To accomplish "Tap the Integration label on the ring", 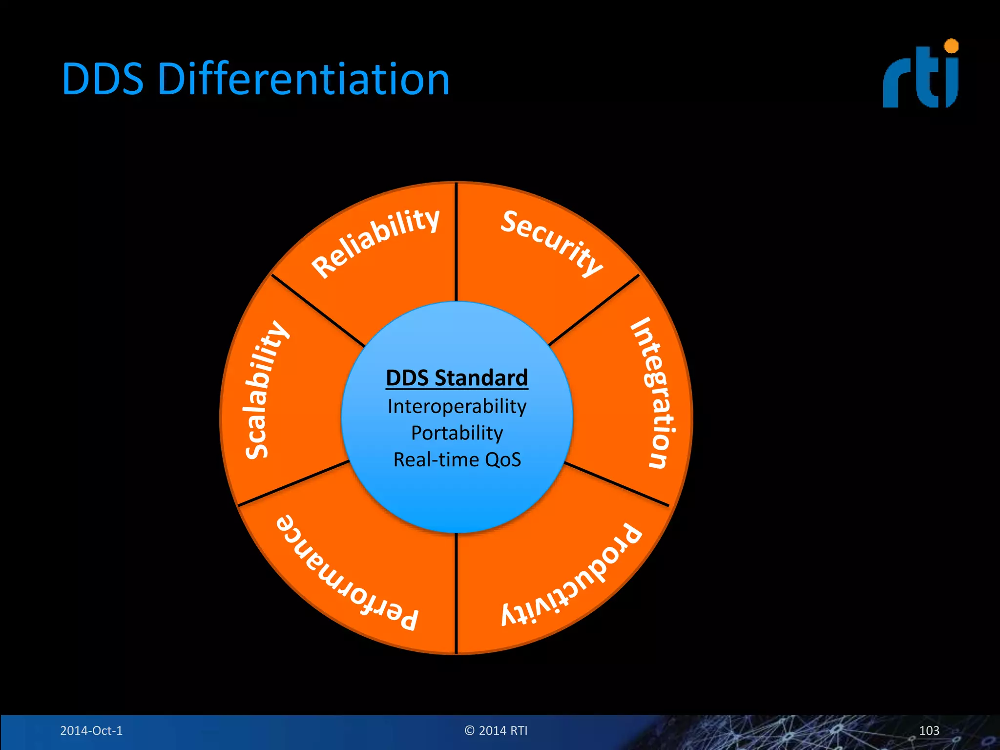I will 654,393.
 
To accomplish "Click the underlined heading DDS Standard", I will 457,378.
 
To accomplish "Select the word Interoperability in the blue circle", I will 457,406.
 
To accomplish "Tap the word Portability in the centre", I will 457,433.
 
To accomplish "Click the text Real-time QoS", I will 457,460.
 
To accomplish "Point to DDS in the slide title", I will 103,79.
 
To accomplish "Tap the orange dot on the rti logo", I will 951,46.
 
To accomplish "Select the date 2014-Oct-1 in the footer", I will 91,730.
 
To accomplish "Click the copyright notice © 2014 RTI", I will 496,730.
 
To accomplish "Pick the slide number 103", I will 929,730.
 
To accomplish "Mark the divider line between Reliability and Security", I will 456,242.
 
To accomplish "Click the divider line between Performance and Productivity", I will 456,593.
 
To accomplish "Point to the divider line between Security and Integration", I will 594,310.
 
